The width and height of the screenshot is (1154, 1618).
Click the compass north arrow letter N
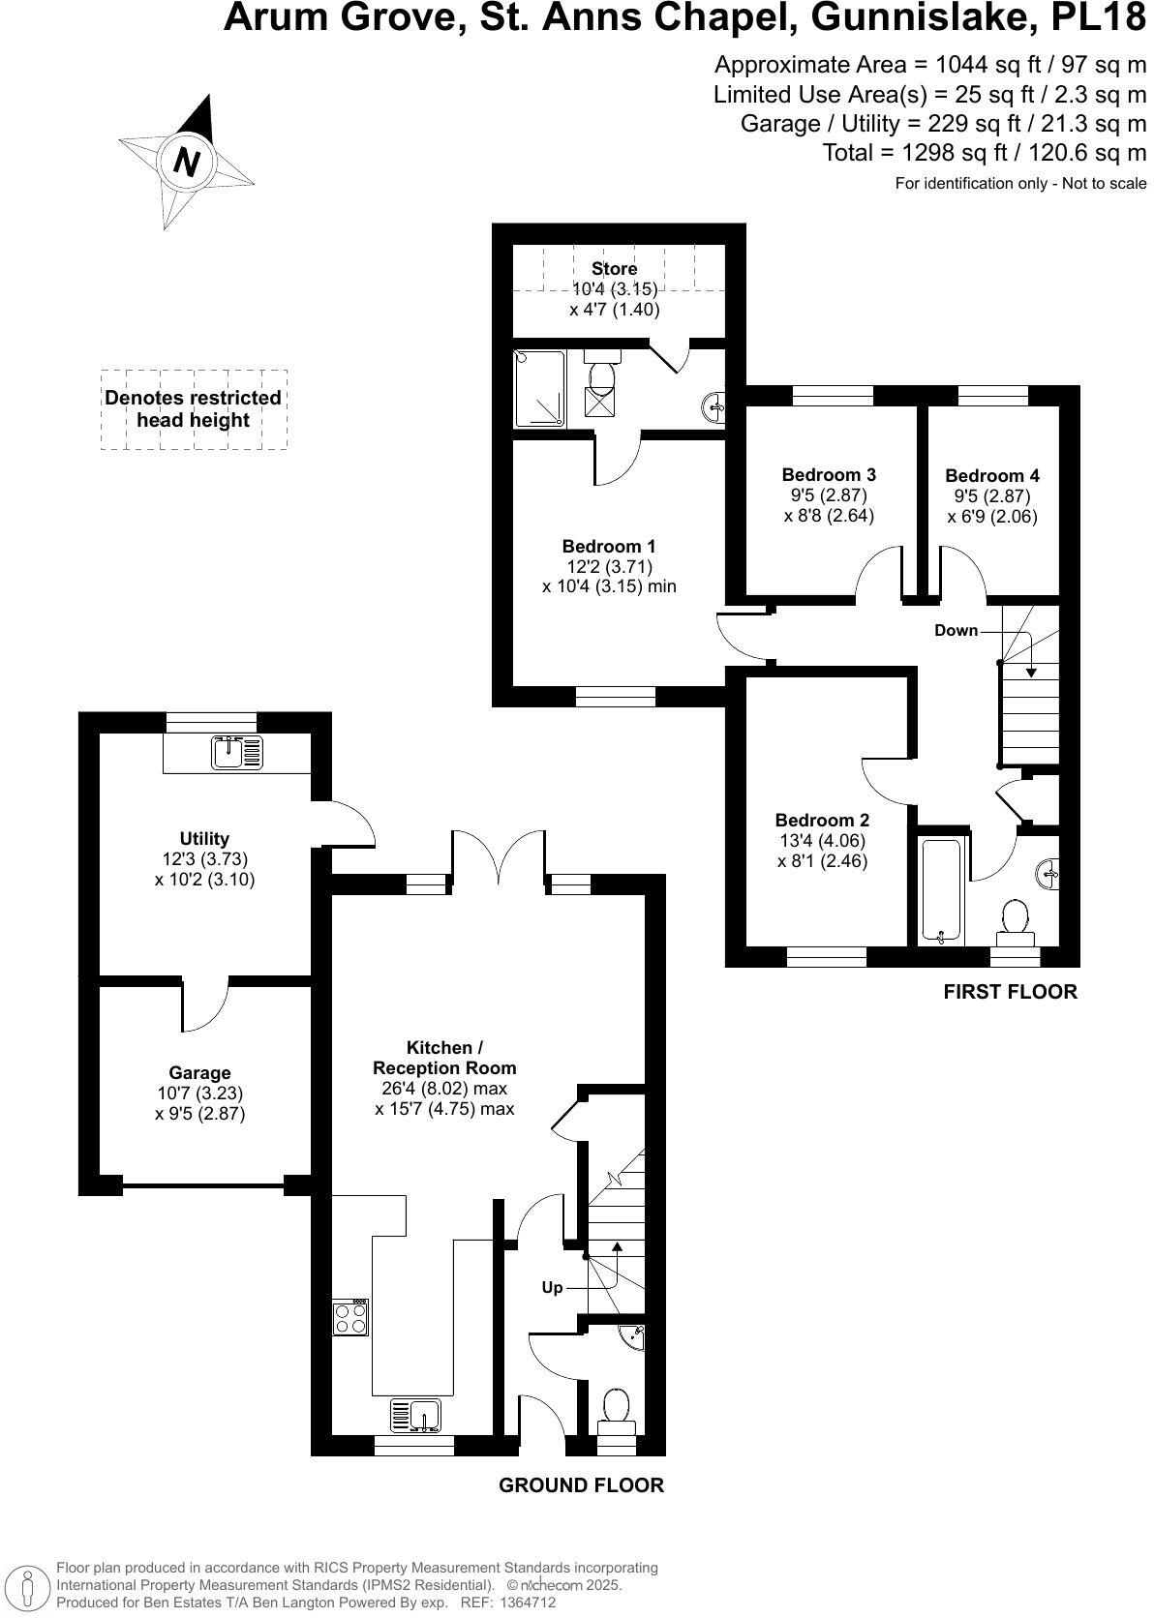point(186,161)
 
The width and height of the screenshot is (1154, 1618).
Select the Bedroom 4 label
point(991,475)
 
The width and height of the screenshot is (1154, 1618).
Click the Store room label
point(615,269)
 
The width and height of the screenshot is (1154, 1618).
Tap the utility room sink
point(237,752)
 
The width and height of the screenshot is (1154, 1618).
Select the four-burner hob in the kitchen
point(350,1317)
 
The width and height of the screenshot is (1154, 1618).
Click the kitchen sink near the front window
point(416,1415)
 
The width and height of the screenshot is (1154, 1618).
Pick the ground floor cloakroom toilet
point(617,1408)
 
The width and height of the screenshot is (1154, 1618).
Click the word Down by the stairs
point(956,630)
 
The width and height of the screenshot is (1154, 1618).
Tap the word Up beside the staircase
point(552,1288)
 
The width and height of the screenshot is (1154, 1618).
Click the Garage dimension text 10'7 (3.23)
point(199,1093)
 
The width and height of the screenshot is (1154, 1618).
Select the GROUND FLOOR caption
point(581,1484)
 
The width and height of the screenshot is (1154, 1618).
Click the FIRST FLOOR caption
point(1010,991)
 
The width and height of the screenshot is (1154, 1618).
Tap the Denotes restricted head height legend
point(193,409)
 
